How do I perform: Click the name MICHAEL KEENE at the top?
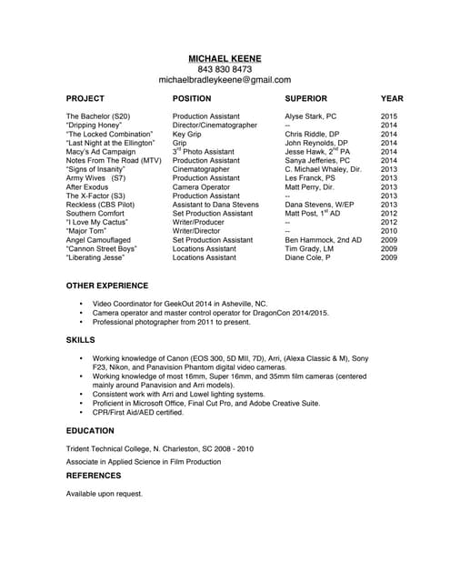(225, 57)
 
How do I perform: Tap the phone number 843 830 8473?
(225, 69)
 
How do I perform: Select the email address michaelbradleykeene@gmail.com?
(225, 80)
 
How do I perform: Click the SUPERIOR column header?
(312, 98)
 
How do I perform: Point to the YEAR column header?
(392, 98)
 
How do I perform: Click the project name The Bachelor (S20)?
(98, 117)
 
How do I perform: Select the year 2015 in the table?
(389, 117)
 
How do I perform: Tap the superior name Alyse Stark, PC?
(310, 117)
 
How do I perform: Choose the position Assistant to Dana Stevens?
(215, 205)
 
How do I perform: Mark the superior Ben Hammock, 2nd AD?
(323, 239)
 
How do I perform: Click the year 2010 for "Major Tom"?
(389, 231)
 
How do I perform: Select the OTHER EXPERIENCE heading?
(111, 286)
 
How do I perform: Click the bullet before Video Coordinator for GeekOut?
(82, 303)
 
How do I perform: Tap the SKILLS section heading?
(81, 339)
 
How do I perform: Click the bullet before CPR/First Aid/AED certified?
(82, 411)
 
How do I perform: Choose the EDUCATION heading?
(90, 430)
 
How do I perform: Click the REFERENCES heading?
(95, 475)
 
